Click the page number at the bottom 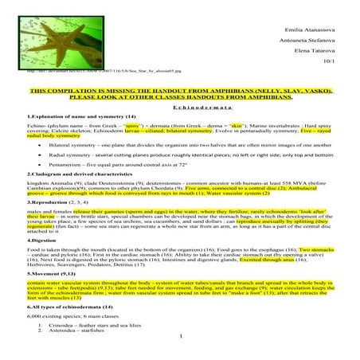click(x=182, y=357)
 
